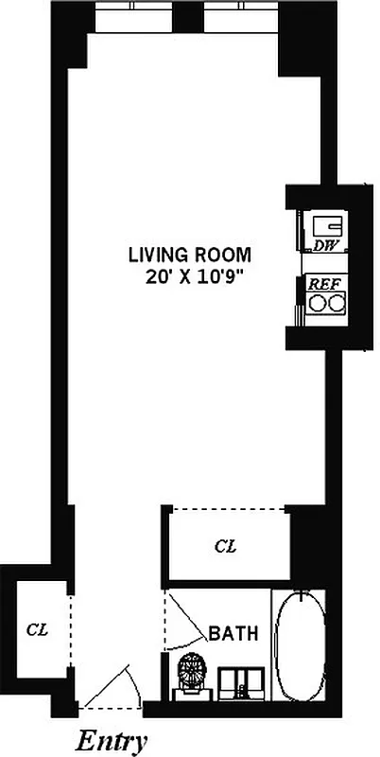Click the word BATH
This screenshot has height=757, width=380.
coord(233,633)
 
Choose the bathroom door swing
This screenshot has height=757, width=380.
coord(185,620)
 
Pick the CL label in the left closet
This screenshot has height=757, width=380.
coord(36,627)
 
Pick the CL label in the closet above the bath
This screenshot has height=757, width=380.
coord(225,546)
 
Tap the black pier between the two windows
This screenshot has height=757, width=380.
coord(187,16)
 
